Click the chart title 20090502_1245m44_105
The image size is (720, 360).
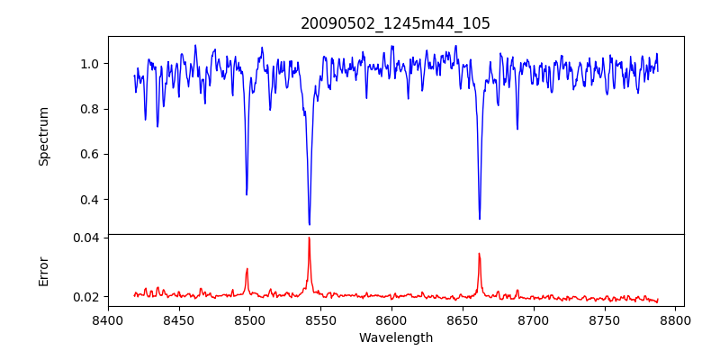(395, 23)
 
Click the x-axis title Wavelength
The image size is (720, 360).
(395, 337)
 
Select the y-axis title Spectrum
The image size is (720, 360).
(43, 136)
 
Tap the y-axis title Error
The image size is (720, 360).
(43, 271)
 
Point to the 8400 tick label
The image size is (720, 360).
(108, 320)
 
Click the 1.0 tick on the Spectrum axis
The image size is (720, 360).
(90, 64)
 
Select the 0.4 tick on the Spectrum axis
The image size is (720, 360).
(90, 199)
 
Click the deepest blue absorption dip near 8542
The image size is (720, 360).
(309, 224)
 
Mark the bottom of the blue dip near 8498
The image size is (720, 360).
(247, 194)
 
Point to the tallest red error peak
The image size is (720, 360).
(309, 238)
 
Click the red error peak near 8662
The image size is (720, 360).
(479, 253)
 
